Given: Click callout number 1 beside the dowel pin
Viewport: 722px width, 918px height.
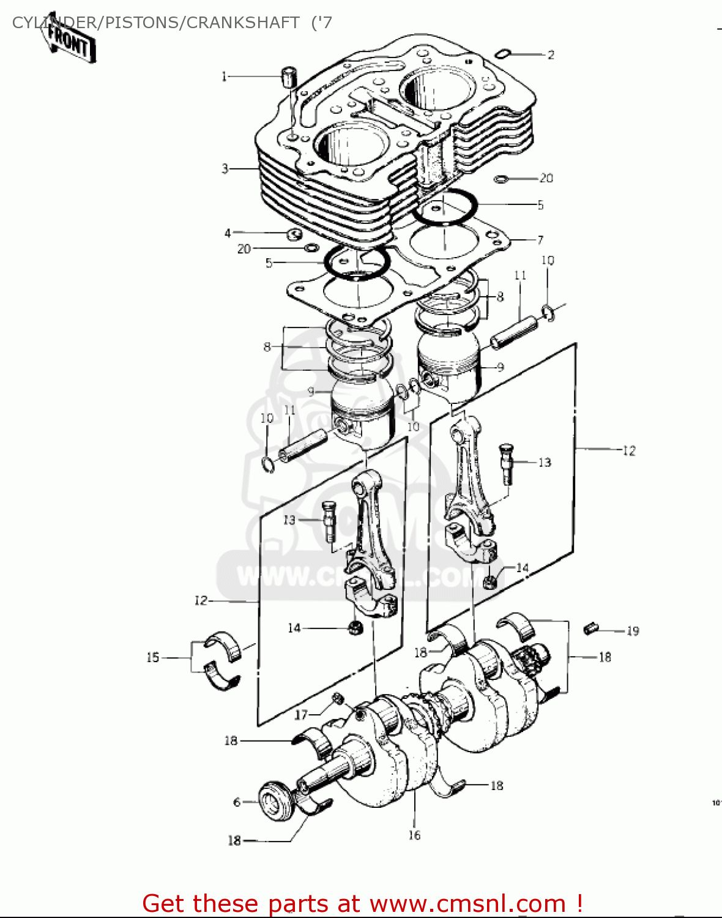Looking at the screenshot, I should (x=224, y=76).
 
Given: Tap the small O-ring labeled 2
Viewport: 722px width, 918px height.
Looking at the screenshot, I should (x=502, y=54).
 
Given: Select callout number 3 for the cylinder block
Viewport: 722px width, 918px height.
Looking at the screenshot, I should (x=225, y=168).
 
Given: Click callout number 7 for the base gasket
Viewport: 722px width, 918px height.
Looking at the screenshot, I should (x=540, y=240).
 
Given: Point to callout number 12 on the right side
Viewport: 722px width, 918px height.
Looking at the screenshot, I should (x=629, y=451).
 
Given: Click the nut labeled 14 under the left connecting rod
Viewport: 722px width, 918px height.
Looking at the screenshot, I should (x=354, y=628).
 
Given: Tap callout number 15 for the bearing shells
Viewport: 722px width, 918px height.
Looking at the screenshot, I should (x=152, y=657).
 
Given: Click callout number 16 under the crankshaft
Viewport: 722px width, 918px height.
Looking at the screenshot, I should (x=414, y=835).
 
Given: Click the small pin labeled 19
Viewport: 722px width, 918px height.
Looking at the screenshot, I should (x=590, y=627).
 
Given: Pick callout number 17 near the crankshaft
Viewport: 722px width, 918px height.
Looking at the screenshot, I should (x=301, y=714).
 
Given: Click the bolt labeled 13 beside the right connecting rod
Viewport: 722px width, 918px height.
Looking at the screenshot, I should (x=506, y=463).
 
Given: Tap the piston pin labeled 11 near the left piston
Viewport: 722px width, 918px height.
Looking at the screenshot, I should (x=303, y=446).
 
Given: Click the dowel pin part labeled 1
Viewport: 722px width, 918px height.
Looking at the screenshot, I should (x=289, y=78).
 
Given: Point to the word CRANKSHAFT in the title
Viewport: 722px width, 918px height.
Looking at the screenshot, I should (x=243, y=23).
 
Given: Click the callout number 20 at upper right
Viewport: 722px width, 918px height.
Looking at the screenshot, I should (x=546, y=178).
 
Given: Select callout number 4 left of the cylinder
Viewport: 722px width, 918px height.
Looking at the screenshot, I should (x=228, y=233).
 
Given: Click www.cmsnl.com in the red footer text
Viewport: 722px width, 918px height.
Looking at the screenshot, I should (x=467, y=904).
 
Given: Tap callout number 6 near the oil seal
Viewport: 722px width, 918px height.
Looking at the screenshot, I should (x=237, y=802).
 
